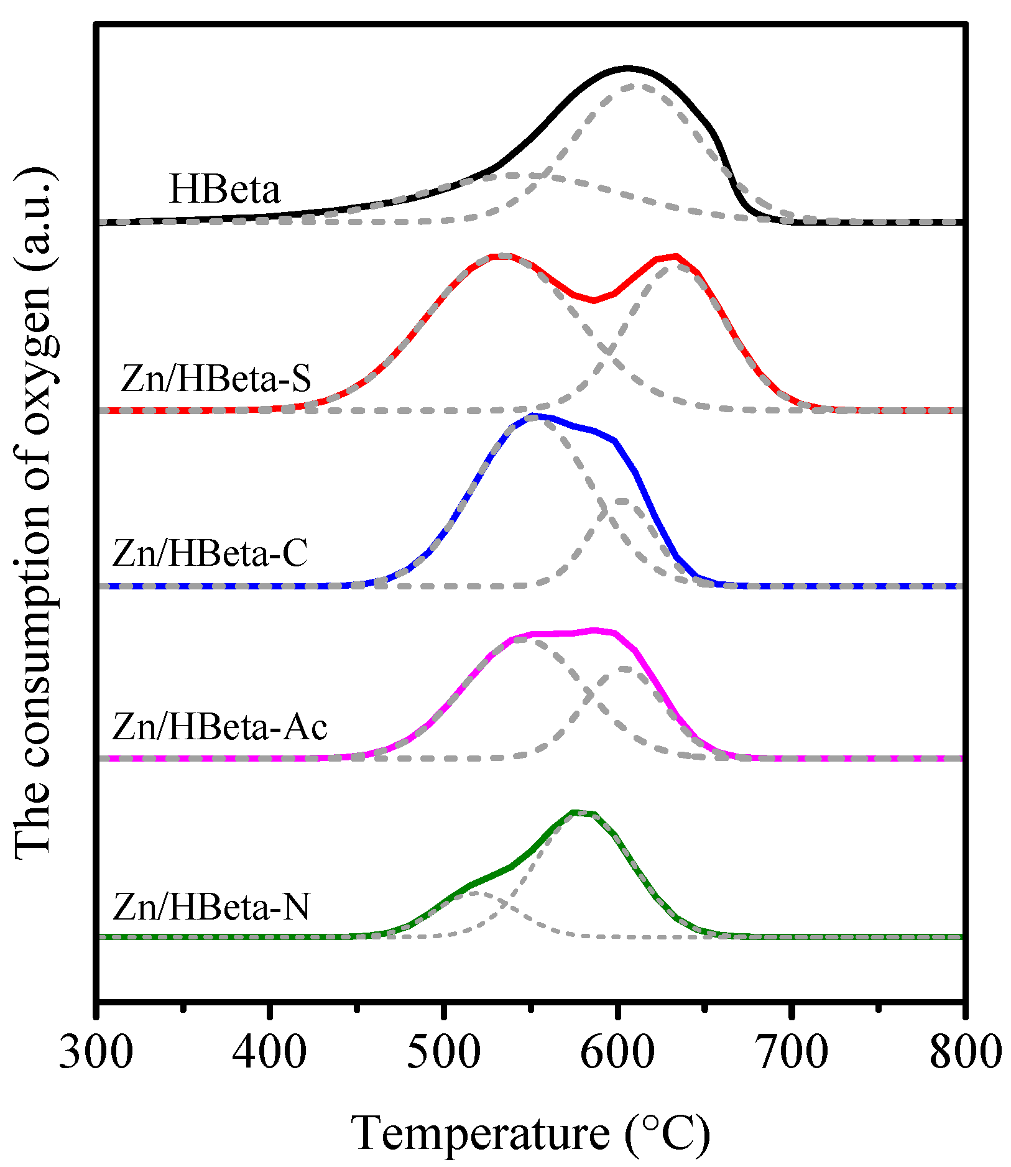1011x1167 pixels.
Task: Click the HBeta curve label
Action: pos(224,190)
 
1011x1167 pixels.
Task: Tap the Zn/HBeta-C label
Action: pos(210,553)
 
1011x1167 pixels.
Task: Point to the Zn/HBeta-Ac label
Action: pos(219,727)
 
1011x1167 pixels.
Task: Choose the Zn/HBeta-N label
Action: pos(211,907)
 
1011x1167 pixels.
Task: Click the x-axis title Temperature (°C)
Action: pos(531,1133)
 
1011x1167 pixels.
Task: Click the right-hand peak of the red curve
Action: pos(676,256)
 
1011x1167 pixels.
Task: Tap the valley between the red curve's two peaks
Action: pos(594,301)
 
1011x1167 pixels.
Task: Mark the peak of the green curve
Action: pos(575,812)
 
